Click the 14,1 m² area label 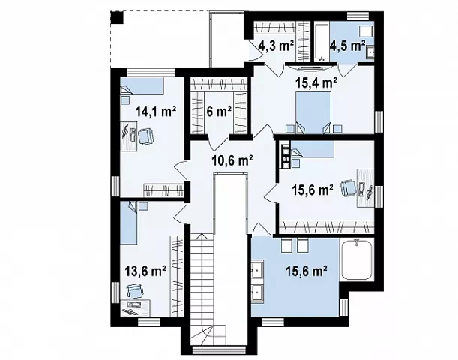pos(156,111)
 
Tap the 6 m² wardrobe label pos(219,111)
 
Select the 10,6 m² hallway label pos(232,160)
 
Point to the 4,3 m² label pos(276,46)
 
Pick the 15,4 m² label pos(316,83)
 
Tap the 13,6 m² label pos(145,271)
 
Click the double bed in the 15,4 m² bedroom pos(313,112)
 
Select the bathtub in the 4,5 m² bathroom pos(322,42)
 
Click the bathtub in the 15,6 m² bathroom pos(357,259)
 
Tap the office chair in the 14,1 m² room pos(145,136)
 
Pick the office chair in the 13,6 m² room pos(135,291)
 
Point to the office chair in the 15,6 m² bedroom pos(349,188)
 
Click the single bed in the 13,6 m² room pos(128,222)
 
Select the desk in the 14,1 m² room pos(129,136)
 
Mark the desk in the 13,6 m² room pos(135,308)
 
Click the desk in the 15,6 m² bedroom pos(365,188)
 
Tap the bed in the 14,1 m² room pos(142,86)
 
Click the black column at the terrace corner pos(118,17)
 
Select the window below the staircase pos(219,350)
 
